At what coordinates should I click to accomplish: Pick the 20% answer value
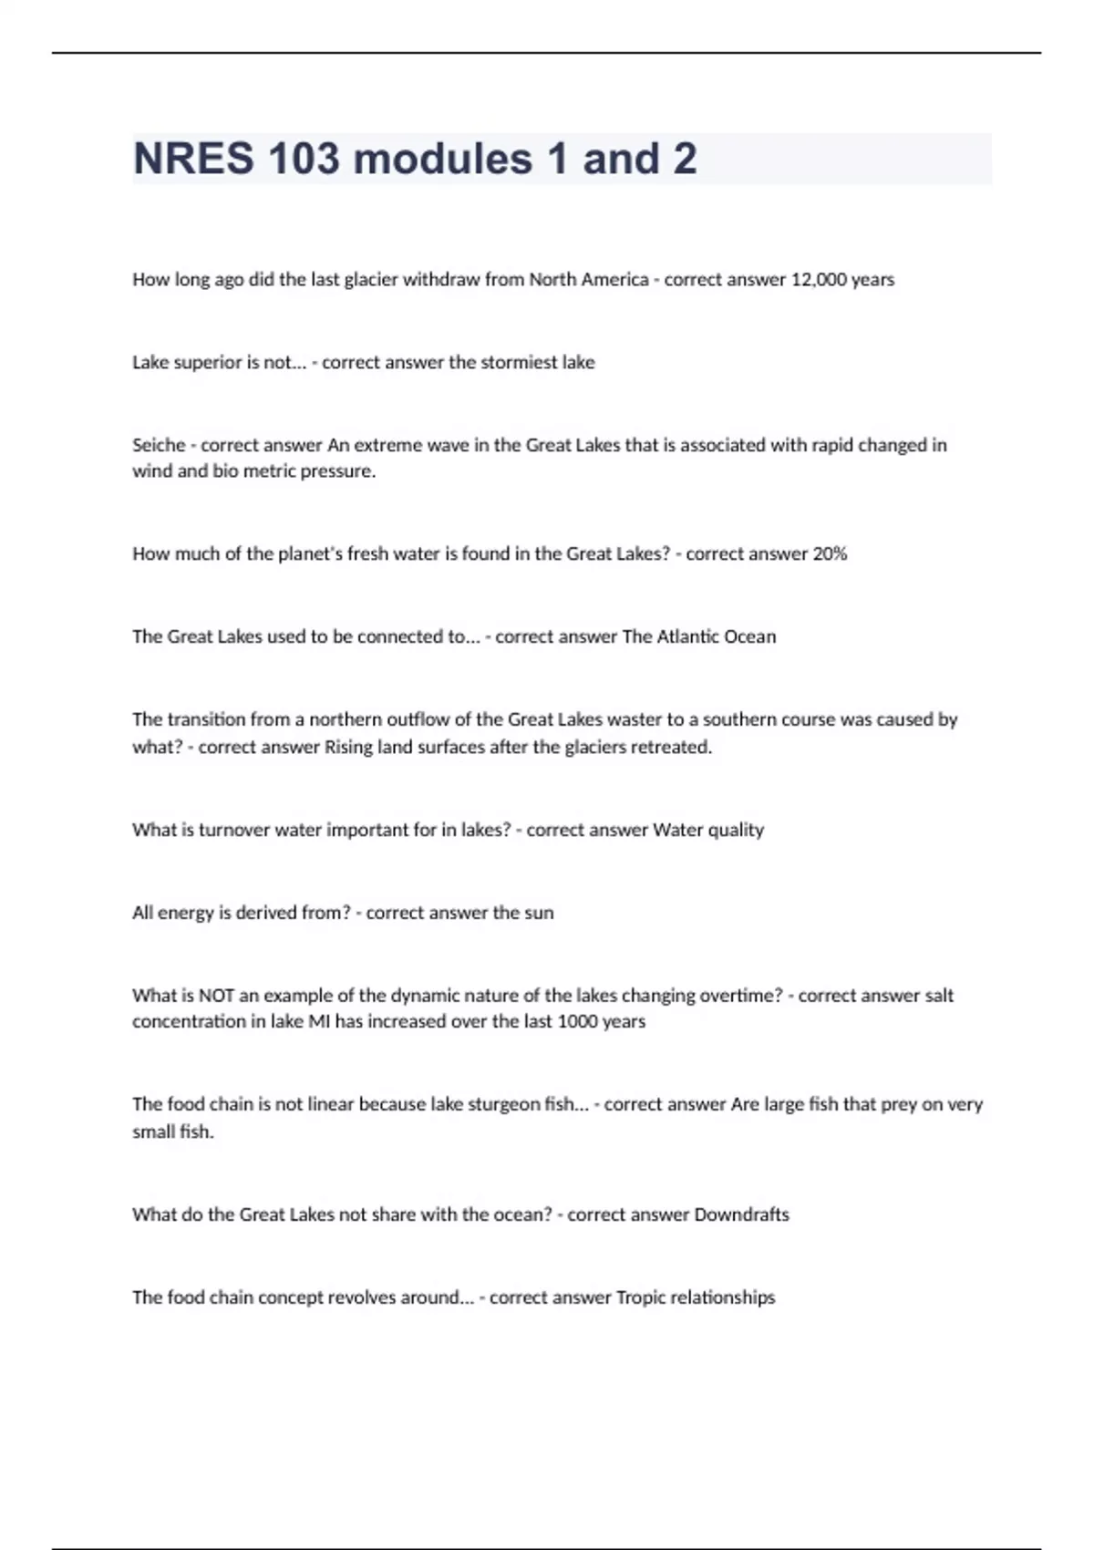click(x=830, y=554)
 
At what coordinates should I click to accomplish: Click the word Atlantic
click(x=688, y=637)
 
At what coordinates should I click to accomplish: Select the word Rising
click(x=348, y=748)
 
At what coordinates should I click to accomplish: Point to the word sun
click(x=539, y=914)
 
